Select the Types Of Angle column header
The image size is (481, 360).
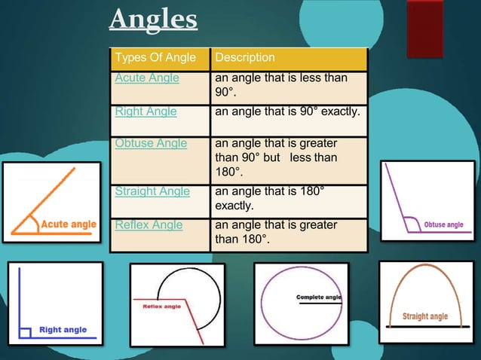[x=154, y=58]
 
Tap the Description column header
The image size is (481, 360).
[x=245, y=58]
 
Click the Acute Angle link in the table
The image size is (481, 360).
[x=147, y=77]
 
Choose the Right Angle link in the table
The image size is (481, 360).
[x=146, y=112]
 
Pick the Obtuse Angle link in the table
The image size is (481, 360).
[x=150, y=143]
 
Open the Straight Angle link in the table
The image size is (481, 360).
[x=152, y=191]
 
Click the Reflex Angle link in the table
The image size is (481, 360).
[x=148, y=224]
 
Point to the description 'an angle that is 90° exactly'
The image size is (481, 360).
[x=288, y=112]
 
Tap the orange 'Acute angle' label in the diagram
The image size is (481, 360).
[x=68, y=224]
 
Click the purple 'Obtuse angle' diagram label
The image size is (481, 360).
[x=443, y=224]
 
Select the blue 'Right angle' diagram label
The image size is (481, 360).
[x=63, y=329]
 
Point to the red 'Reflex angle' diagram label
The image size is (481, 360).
[x=162, y=307]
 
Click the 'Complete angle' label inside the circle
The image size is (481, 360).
[x=319, y=297]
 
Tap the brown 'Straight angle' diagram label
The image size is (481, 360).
[x=425, y=316]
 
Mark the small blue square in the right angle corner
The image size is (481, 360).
[x=25, y=331]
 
